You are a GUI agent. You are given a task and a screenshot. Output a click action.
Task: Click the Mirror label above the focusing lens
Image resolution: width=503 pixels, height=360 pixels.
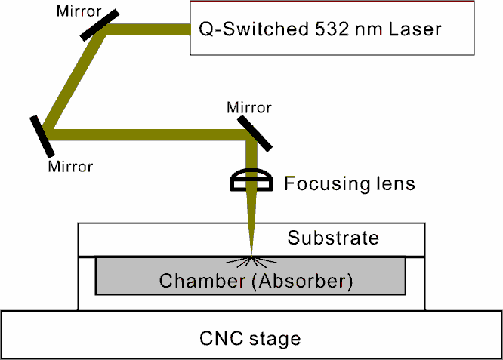click(x=249, y=108)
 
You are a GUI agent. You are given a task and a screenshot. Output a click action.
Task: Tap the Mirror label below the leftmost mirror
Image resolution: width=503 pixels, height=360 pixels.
click(x=70, y=165)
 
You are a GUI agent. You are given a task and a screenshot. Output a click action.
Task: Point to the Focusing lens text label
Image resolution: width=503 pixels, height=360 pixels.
click(x=349, y=183)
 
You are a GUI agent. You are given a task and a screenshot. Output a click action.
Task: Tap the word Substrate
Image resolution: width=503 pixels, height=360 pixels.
click(x=333, y=238)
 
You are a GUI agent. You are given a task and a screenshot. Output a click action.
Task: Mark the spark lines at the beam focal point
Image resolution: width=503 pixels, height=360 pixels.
click(x=249, y=261)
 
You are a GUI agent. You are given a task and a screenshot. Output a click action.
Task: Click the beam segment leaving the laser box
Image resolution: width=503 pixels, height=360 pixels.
click(x=148, y=29)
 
